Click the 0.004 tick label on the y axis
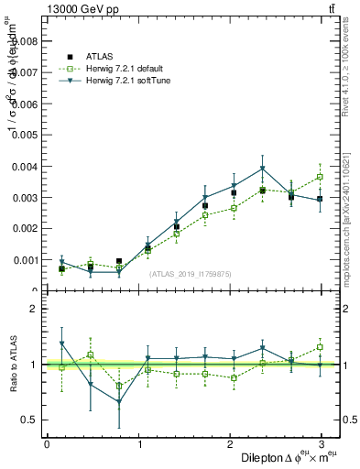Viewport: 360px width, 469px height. click(23, 167)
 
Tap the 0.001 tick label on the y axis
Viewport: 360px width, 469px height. click(23, 260)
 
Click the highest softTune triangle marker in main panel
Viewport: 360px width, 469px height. click(263, 169)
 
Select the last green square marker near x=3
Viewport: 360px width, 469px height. click(320, 177)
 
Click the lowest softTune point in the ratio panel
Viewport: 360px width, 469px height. click(119, 402)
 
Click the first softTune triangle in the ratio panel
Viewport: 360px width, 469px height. click(61, 344)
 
